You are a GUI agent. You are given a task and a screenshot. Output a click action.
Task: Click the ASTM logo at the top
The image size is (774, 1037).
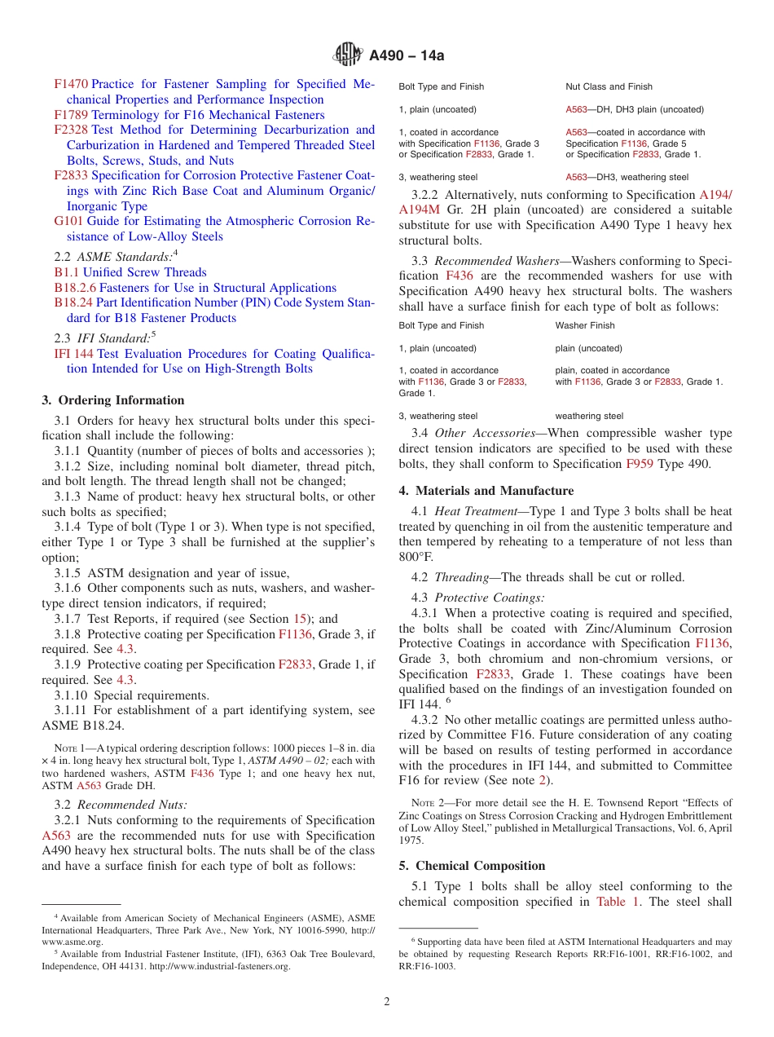(348, 55)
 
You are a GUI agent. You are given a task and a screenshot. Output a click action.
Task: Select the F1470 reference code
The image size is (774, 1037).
(71, 84)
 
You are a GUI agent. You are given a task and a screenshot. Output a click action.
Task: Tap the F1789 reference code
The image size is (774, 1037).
(71, 115)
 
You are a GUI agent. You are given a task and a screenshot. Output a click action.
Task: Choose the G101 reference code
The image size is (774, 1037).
(68, 221)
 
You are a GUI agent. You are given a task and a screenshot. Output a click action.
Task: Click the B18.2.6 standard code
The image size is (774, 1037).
(75, 288)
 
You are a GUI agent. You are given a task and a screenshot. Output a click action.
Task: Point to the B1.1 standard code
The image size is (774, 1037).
(66, 272)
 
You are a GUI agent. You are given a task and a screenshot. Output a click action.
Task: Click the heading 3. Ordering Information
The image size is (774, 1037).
(113, 400)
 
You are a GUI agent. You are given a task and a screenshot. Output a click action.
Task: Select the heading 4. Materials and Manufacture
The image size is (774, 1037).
(486, 491)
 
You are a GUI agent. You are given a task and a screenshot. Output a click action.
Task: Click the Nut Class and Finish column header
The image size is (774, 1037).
(609, 86)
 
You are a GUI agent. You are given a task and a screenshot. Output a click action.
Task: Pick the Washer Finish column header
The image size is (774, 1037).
(585, 325)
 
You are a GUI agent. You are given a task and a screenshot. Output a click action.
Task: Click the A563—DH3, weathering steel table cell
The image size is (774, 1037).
(627, 177)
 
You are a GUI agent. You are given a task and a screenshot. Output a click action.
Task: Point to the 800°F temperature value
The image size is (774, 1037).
(416, 558)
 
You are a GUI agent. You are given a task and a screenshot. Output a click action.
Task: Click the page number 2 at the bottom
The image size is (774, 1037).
(387, 1001)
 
